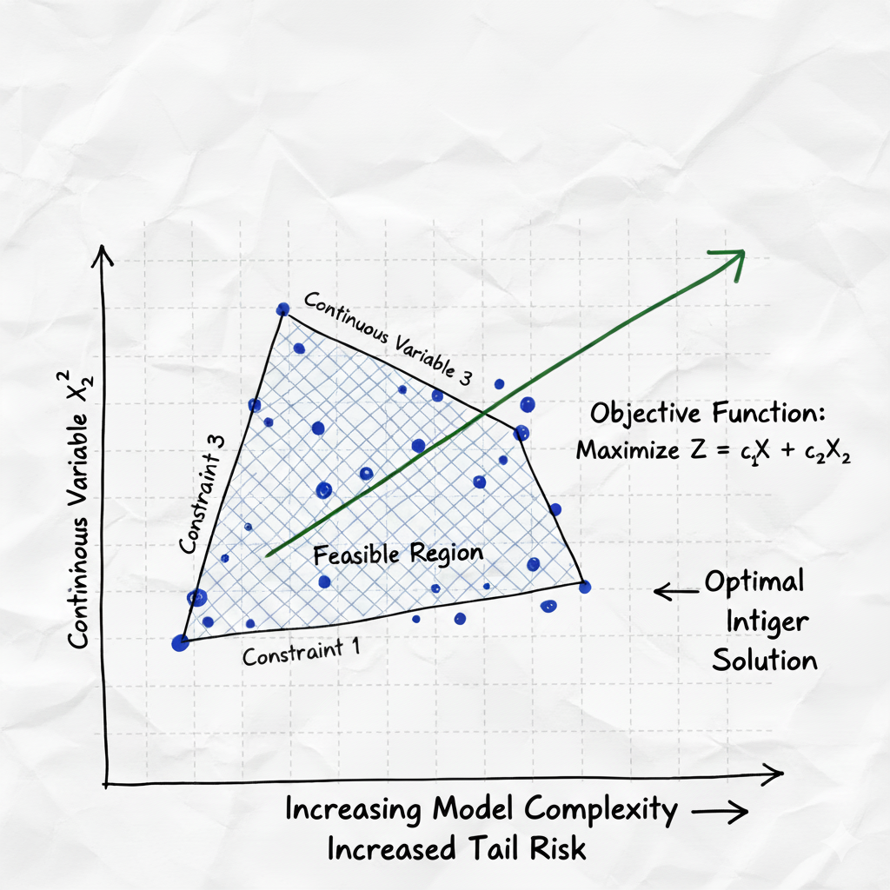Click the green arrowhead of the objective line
pyautogui.click(x=735, y=256)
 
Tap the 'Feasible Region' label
pyautogui.click(x=397, y=555)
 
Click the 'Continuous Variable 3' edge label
pyautogui.click(x=389, y=337)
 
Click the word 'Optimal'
pyautogui.click(x=754, y=582)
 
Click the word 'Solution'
pyautogui.click(x=765, y=660)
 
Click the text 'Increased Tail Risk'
pyautogui.click(x=456, y=848)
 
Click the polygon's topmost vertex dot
pyautogui.click(x=282, y=309)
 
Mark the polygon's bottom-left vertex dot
pyautogui.click(x=180, y=643)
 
